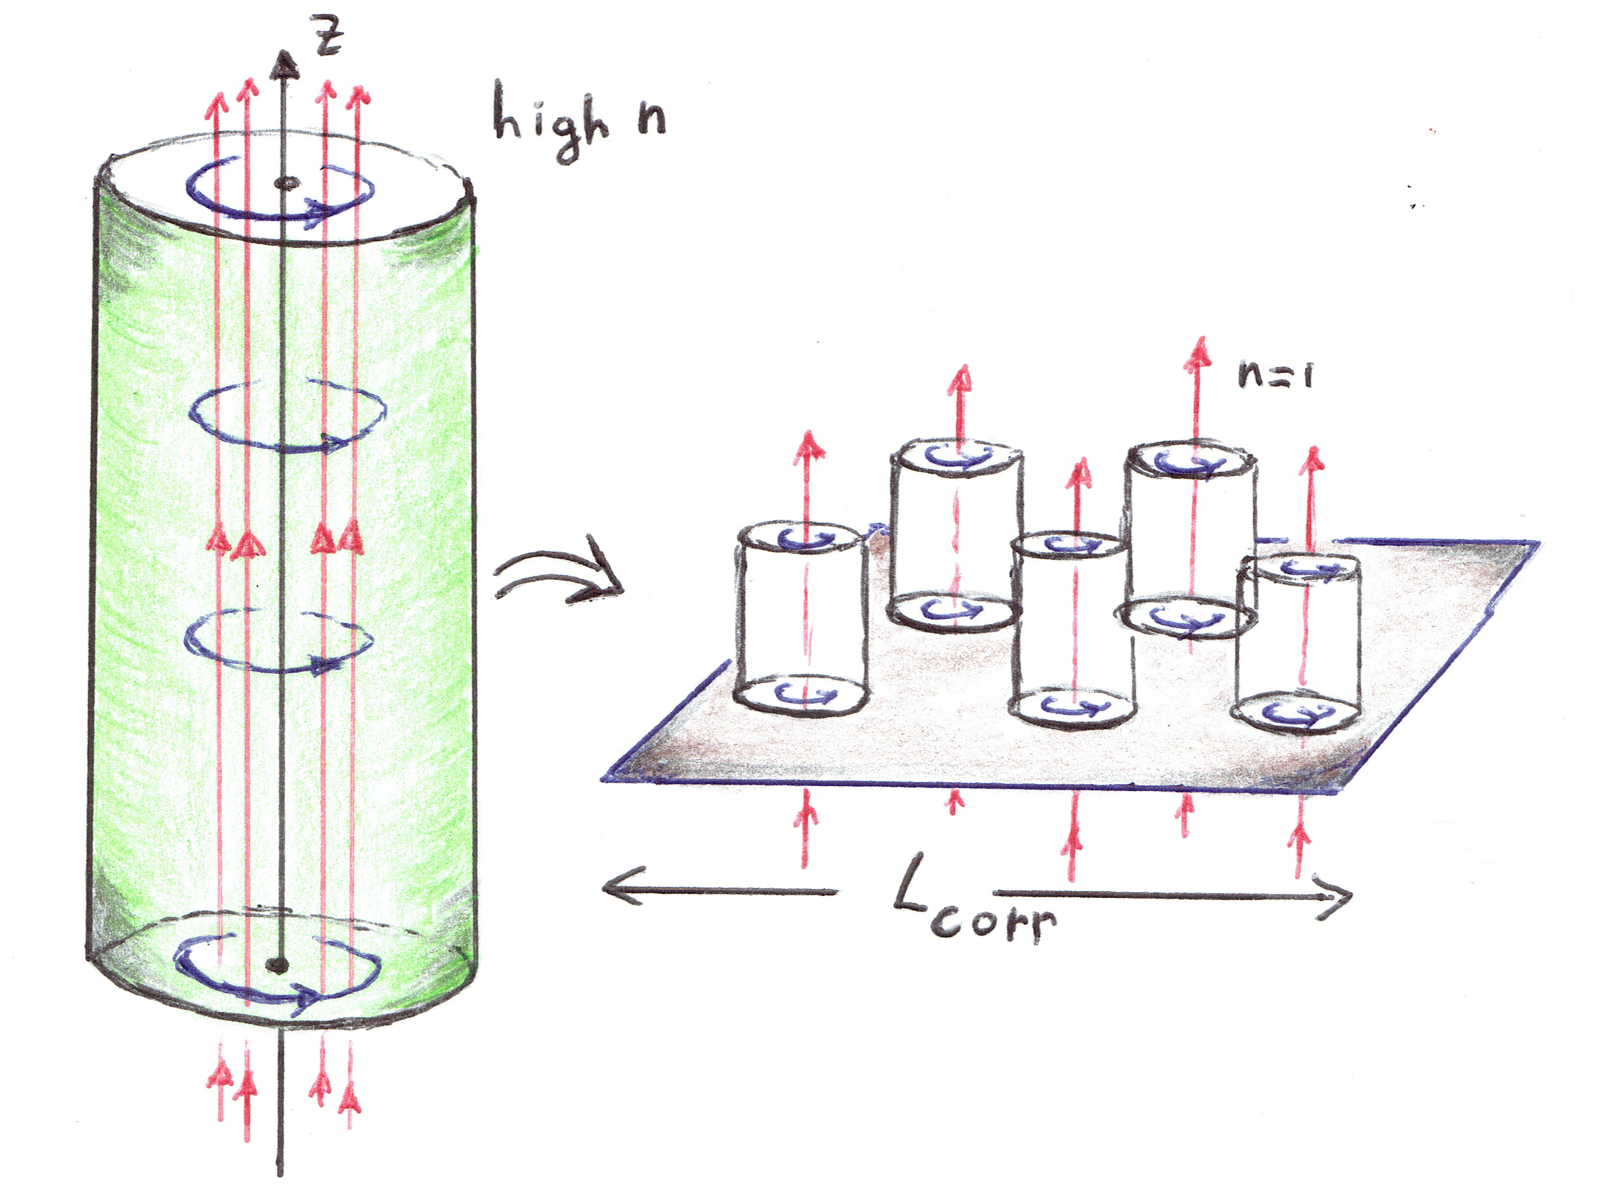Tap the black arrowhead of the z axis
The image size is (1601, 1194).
(x=284, y=65)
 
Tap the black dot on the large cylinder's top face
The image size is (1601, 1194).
(x=287, y=184)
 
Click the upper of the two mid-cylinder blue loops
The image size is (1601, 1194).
(x=287, y=416)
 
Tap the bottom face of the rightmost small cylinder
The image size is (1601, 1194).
(x=1297, y=714)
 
